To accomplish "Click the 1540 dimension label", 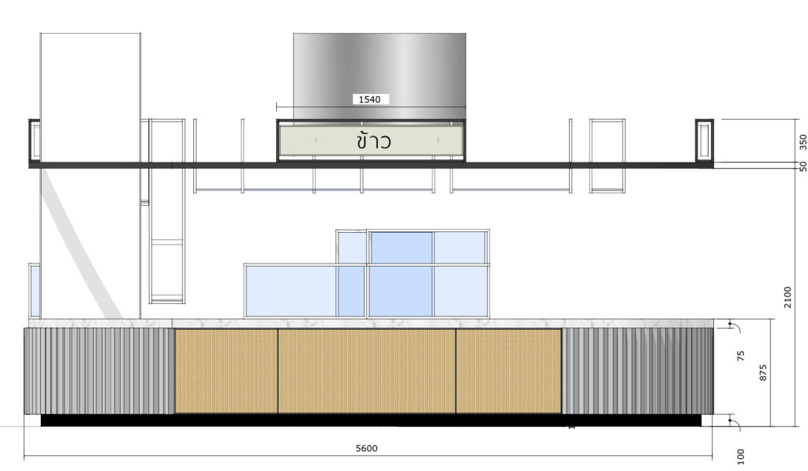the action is (x=369, y=99).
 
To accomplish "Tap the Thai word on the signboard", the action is (x=373, y=140).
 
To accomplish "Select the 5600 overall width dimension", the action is (x=367, y=448).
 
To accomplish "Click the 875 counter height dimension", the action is (x=763, y=372).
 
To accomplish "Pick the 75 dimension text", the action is (x=741, y=356).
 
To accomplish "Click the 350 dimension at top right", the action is (x=802, y=142).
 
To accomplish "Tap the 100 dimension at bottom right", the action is (x=741, y=457).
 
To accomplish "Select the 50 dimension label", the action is (x=802, y=166).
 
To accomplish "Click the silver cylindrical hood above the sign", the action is (x=380, y=77).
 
